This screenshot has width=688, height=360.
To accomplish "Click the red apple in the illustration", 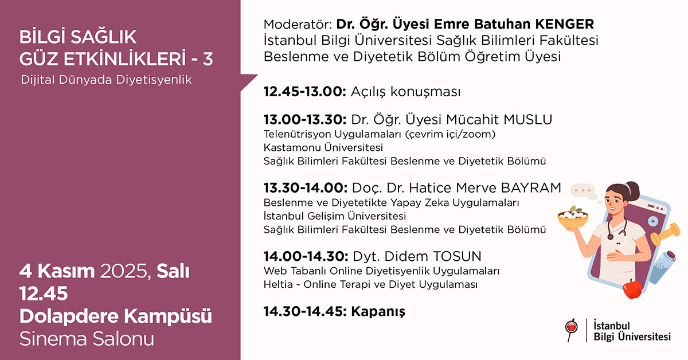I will [x=632, y=288].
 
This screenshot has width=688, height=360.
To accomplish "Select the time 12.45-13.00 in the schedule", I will [x=303, y=92].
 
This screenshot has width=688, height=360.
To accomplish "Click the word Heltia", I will [x=278, y=284].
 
